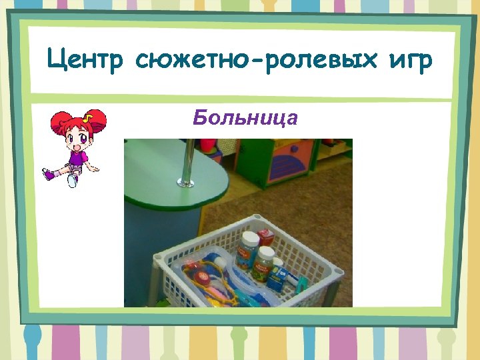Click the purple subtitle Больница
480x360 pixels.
[x=245, y=118]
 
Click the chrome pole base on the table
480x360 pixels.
[x=187, y=181]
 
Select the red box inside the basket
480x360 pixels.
[x=265, y=236]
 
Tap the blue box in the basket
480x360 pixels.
[x=275, y=275]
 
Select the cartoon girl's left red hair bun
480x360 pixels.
[x=61, y=121]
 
